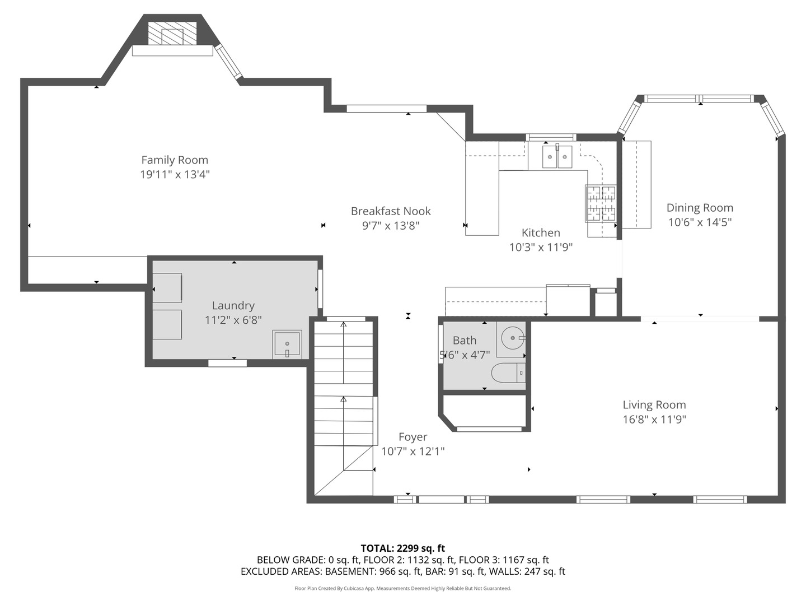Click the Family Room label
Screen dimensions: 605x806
point(175,160)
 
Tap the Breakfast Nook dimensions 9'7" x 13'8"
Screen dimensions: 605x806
point(391,226)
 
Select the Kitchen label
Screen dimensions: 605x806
point(541,232)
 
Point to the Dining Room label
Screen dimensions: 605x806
point(700,208)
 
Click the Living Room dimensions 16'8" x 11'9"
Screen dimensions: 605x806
point(654,420)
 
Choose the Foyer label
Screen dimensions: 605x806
point(413,437)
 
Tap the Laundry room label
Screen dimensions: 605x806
point(233,305)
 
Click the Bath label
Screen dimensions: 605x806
point(465,341)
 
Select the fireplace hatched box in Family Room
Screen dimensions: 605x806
point(172,34)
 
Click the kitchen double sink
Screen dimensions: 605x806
point(557,157)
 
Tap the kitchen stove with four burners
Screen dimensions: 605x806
point(601,203)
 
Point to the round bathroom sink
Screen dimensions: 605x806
point(512,338)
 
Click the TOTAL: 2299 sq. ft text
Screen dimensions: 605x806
point(402,548)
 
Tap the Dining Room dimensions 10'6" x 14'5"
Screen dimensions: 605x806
point(700,222)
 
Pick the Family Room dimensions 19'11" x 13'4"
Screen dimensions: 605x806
point(175,175)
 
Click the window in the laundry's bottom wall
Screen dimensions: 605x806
point(227,363)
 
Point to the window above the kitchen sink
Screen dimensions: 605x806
point(551,137)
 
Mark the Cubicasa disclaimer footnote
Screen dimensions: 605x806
point(402,588)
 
